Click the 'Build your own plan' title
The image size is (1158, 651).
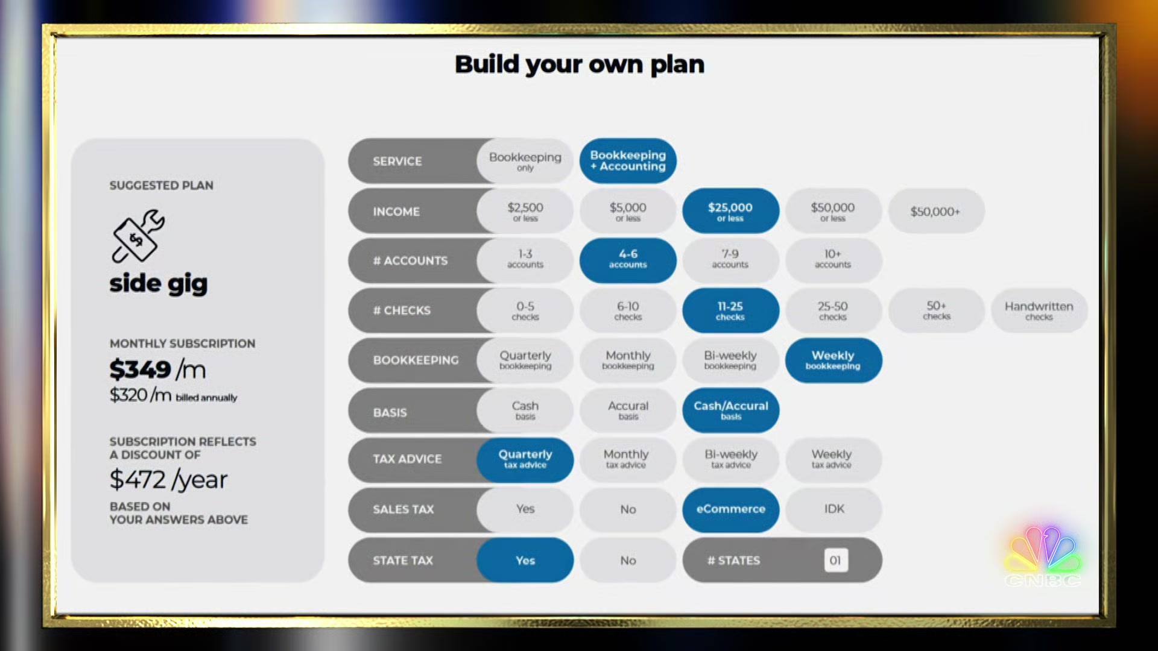(x=580, y=64)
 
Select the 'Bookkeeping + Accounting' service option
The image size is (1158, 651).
(x=628, y=161)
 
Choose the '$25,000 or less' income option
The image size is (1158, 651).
(x=730, y=211)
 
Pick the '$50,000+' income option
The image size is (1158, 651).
(x=935, y=211)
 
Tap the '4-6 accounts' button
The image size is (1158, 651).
(x=628, y=260)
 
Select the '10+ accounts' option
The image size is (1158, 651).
(x=833, y=260)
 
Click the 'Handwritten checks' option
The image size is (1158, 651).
(x=1039, y=310)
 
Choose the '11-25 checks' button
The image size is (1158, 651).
(x=730, y=310)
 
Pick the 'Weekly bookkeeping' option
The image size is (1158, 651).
(x=833, y=360)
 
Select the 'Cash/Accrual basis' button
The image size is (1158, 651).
(x=730, y=410)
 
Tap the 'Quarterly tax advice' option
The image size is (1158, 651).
(x=525, y=459)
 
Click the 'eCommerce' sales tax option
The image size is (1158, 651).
(x=730, y=509)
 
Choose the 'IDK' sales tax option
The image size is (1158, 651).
(x=834, y=509)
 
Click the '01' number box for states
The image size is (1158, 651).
(x=836, y=560)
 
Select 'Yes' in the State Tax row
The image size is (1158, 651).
(x=525, y=560)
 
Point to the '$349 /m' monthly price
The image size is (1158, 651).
(x=158, y=369)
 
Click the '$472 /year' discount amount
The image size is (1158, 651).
(x=169, y=480)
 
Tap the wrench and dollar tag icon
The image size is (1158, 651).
(x=138, y=236)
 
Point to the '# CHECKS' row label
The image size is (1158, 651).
(x=402, y=310)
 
